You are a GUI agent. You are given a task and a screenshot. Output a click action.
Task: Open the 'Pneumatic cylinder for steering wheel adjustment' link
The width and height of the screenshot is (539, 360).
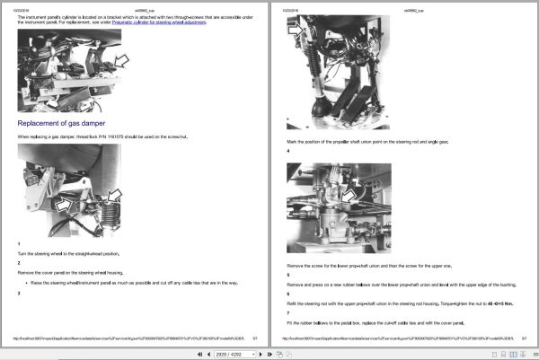tap(180, 22)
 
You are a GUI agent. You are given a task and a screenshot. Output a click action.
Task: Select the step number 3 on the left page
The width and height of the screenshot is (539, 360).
tap(19, 294)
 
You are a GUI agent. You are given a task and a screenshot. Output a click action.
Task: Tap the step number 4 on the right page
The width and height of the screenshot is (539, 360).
tap(287, 151)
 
